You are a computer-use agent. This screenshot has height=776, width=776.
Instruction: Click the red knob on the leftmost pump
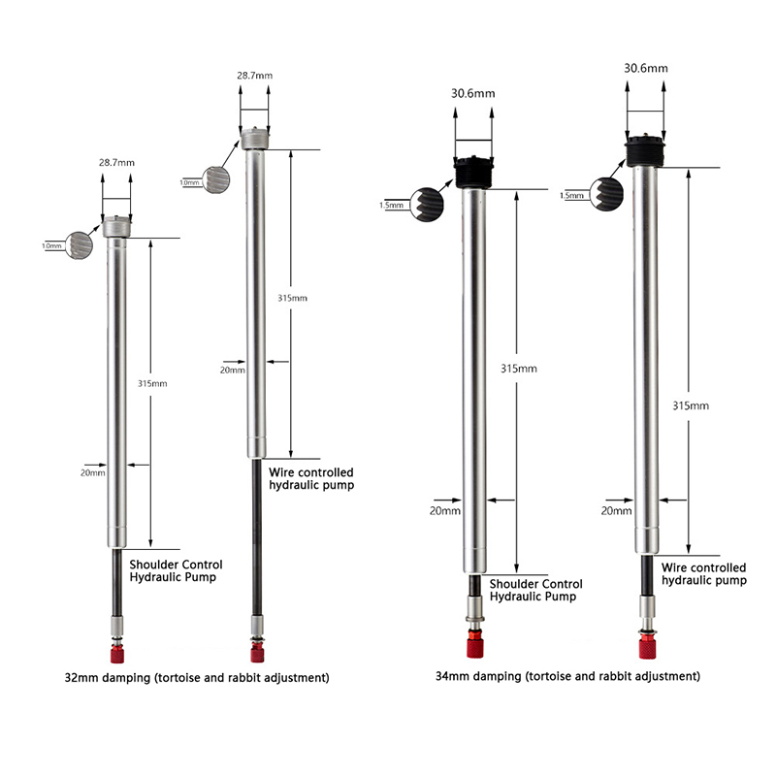click(117, 654)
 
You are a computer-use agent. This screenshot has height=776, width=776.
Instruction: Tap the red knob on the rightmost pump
click(647, 647)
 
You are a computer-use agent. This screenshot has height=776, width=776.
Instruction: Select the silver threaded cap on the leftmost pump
click(116, 227)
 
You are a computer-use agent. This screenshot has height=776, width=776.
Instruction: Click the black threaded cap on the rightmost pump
click(645, 150)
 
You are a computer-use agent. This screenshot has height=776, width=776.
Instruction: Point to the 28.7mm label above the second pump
click(254, 76)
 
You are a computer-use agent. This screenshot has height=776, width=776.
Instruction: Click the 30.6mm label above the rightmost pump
click(646, 68)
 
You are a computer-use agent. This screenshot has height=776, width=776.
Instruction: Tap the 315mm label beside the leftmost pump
click(152, 383)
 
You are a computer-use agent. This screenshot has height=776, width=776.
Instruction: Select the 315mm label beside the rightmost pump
click(691, 405)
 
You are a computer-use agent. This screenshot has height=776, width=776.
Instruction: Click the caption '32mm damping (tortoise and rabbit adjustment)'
click(197, 677)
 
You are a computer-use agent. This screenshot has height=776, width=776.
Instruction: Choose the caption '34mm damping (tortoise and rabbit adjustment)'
click(567, 676)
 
